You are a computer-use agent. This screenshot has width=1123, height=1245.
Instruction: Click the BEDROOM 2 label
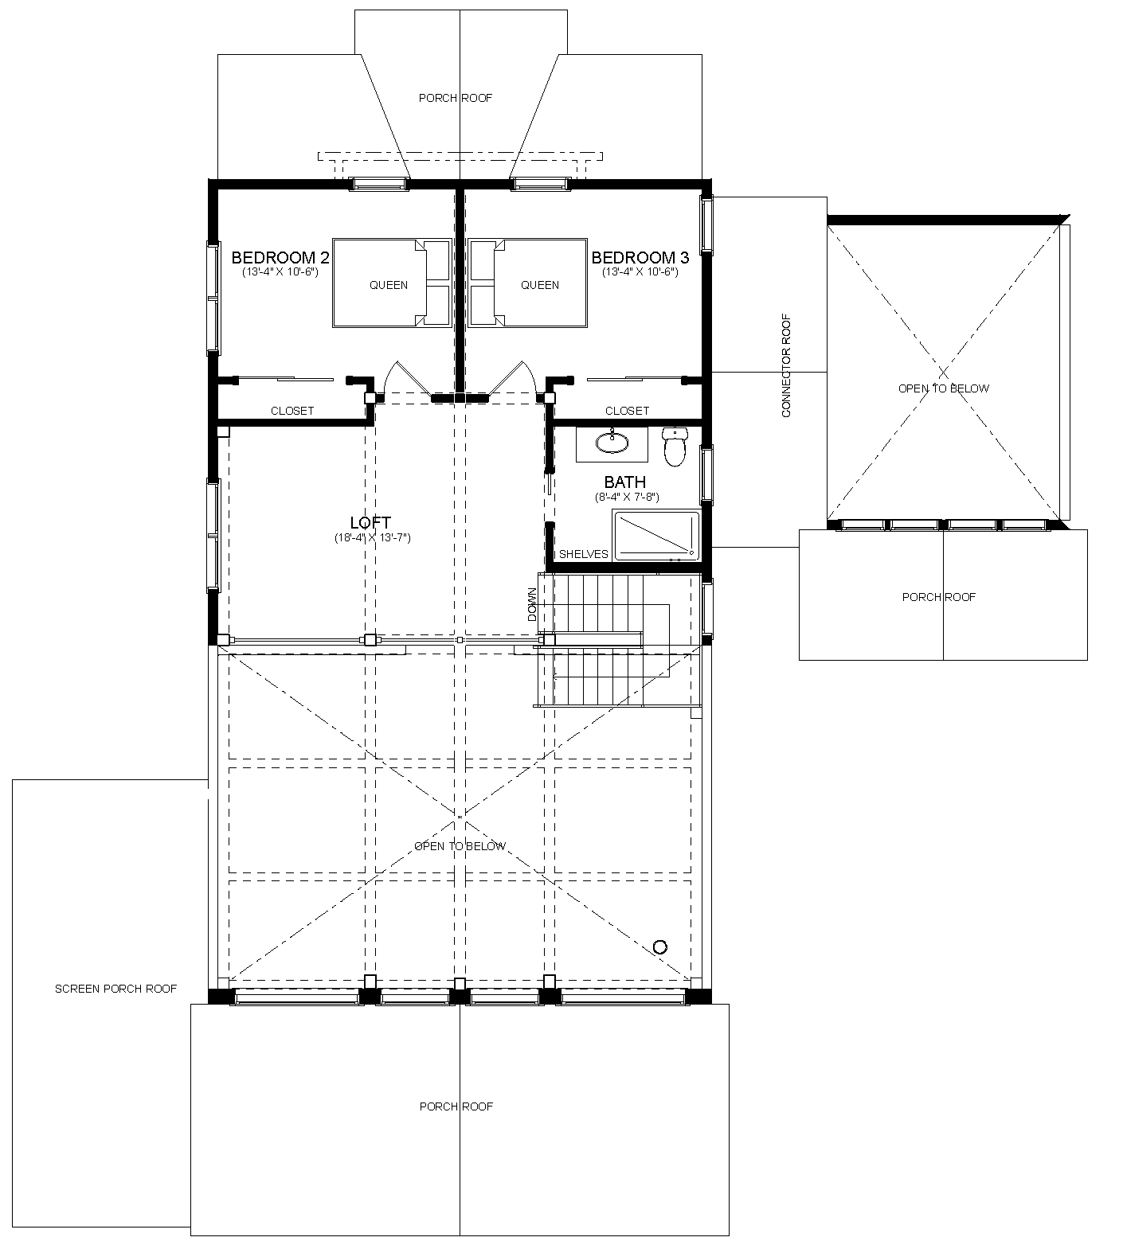tap(280, 258)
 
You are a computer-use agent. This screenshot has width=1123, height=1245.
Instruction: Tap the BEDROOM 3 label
tap(640, 258)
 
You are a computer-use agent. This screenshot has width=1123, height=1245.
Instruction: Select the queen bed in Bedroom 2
tap(391, 283)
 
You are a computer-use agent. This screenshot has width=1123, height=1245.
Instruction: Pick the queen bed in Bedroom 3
tap(528, 283)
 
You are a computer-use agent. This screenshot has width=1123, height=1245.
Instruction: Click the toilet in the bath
tap(675, 446)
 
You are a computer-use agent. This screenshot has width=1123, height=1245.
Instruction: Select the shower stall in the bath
tap(656, 536)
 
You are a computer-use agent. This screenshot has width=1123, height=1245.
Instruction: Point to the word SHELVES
tap(584, 554)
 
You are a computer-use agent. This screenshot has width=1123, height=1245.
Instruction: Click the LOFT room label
tap(371, 522)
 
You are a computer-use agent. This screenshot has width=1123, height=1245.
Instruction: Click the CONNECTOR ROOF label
tap(786, 365)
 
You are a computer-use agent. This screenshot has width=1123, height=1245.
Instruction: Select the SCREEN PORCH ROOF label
tap(116, 989)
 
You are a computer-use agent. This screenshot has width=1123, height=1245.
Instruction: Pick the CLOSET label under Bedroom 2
tap(292, 411)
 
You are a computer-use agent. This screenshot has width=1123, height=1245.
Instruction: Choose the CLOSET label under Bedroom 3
tap(627, 411)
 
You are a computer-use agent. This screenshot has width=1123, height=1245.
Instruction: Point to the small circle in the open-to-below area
tap(659, 946)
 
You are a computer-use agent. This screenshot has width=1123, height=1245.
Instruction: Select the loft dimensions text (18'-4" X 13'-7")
tap(372, 538)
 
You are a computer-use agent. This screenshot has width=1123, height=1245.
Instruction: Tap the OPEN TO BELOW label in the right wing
tap(944, 388)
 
